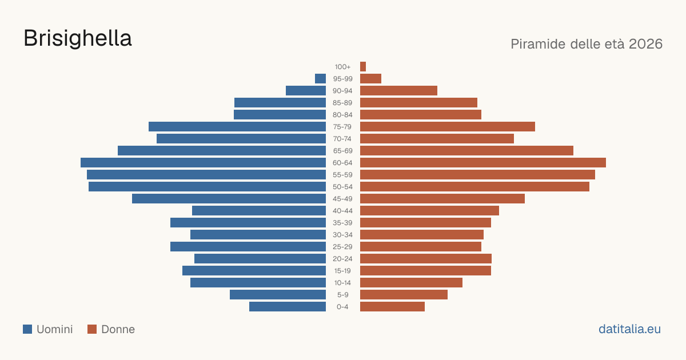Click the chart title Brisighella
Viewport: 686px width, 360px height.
(x=78, y=38)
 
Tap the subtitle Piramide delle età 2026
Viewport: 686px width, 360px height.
(x=587, y=44)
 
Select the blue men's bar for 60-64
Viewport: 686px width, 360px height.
(x=203, y=162)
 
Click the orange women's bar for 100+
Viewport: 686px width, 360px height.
(x=363, y=66)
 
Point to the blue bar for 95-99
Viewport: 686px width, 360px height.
(x=320, y=79)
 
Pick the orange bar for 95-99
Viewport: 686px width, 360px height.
(x=370, y=79)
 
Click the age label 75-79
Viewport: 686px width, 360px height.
(x=342, y=127)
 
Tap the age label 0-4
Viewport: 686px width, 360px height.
(x=342, y=307)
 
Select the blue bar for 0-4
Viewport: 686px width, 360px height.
(x=288, y=306)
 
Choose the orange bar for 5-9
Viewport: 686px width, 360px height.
(x=404, y=294)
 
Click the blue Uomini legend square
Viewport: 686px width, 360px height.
(x=27, y=329)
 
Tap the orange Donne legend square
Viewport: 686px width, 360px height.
(x=92, y=329)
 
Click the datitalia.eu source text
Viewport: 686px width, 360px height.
(x=629, y=329)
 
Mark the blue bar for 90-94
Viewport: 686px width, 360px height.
(x=306, y=91)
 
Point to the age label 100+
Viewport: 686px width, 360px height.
(x=342, y=67)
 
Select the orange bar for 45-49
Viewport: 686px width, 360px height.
(x=442, y=199)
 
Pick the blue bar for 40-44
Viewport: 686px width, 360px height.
(x=259, y=211)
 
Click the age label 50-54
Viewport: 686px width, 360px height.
(x=342, y=187)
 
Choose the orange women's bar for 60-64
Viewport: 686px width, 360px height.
(x=483, y=162)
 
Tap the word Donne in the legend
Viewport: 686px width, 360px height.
(x=118, y=329)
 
